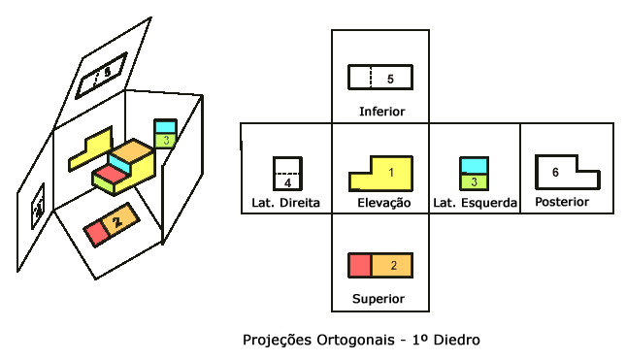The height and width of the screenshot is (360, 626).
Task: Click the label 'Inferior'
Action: point(380,111)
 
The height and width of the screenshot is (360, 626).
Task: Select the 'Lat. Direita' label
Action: point(285,203)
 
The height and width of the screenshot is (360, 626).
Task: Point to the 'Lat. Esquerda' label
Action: point(475,203)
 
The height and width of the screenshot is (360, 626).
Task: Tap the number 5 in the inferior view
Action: point(389,78)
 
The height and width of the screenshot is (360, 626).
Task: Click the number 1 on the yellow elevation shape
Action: point(391,173)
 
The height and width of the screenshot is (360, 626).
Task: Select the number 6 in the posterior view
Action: point(555,172)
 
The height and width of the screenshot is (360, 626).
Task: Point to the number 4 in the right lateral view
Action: point(288,181)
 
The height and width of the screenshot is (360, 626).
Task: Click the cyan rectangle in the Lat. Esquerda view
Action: point(473,165)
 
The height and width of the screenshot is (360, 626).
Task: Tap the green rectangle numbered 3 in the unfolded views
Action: point(473,181)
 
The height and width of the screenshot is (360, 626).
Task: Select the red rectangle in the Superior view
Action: point(359,265)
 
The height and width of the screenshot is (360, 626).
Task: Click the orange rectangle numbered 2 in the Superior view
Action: point(393,265)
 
